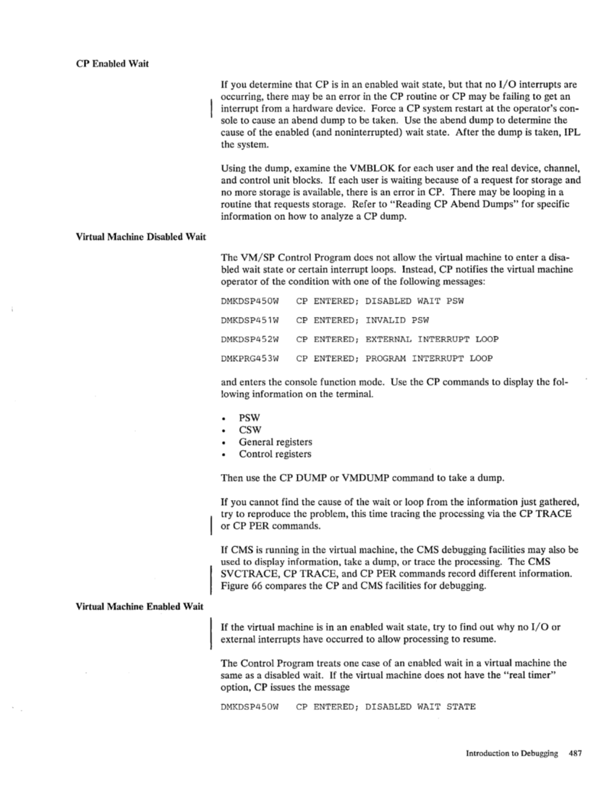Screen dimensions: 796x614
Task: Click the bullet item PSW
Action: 250,419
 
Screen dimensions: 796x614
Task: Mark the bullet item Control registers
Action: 276,454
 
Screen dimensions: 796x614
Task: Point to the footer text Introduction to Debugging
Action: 511,753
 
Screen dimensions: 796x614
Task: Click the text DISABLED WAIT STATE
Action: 420,706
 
